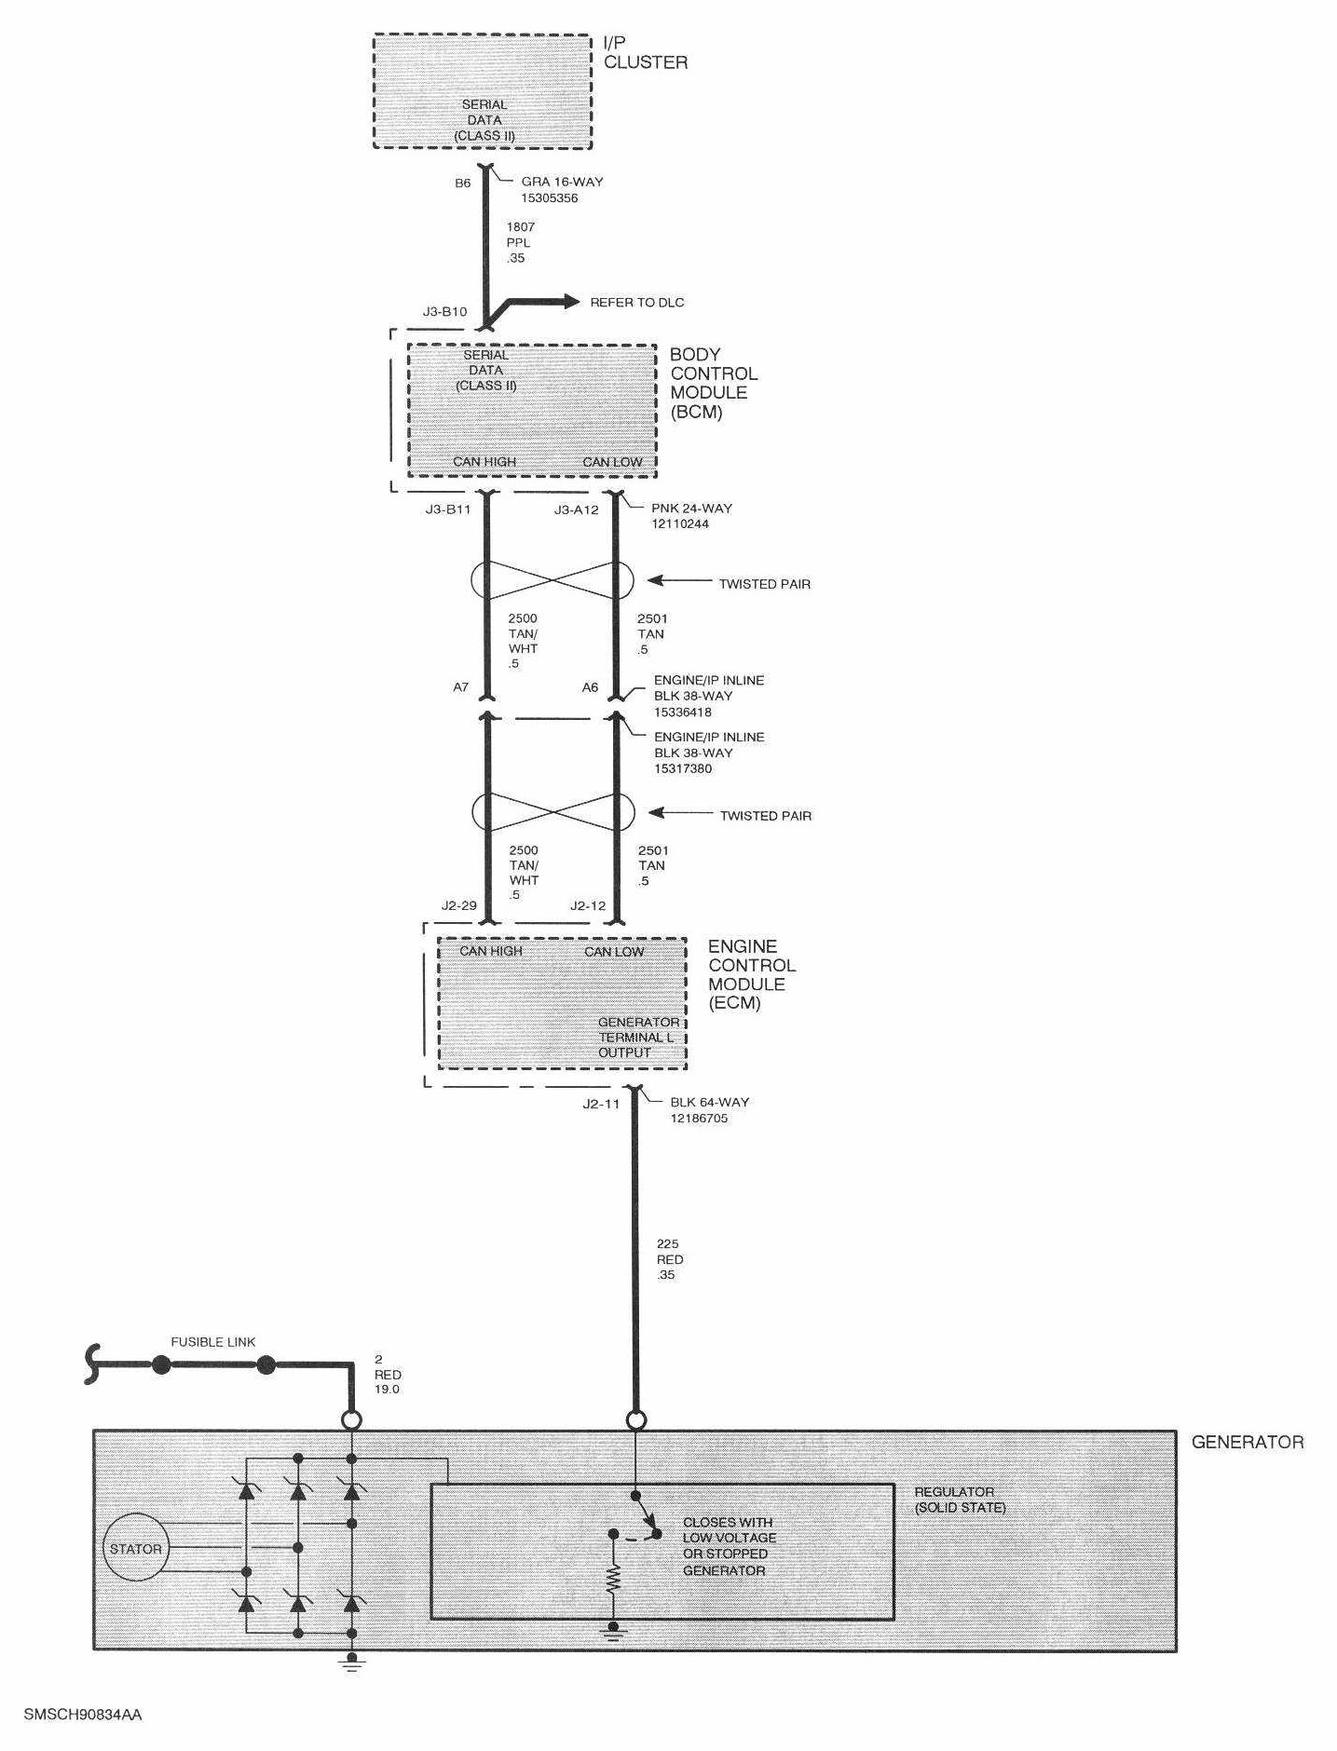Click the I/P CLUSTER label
point(645,52)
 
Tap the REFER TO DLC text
point(636,303)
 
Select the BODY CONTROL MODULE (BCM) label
point(713,383)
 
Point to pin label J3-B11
point(447,509)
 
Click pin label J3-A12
point(576,509)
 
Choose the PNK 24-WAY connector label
point(691,516)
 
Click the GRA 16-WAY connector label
point(561,190)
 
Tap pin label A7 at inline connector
point(460,687)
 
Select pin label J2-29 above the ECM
point(458,905)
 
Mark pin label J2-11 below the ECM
point(601,1103)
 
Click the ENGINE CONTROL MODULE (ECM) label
point(751,974)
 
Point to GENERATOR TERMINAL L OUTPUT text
point(638,1038)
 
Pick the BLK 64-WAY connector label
point(709,1109)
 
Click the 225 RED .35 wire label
point(669,1259)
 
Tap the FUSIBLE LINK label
point(212,1342)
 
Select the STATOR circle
point(136,1549)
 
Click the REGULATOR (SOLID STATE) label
point(959,1499)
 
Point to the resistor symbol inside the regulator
point(613,1578)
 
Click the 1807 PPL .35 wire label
point(520,242)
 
